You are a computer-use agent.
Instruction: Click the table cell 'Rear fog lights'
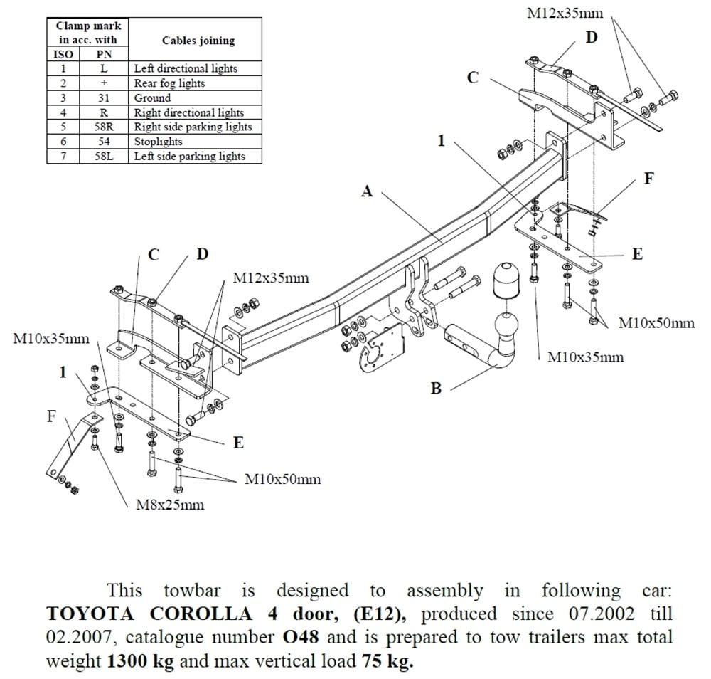coord(169,83)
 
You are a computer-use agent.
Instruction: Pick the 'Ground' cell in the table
coord(152,98)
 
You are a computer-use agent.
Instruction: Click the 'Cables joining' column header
coord(198,41)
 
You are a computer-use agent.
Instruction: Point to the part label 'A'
coord(366,191)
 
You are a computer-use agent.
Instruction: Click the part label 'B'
coord(436,388)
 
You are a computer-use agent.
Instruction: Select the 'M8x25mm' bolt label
coord(169,505)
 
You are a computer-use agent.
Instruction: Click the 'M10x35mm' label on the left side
coord(51,339)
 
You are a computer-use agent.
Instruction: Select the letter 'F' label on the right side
coord(648,179)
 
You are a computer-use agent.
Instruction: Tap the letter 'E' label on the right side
coord(637,253)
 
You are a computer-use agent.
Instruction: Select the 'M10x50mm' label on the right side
coord(656,323)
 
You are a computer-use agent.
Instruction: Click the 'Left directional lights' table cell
coord(186,68)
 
